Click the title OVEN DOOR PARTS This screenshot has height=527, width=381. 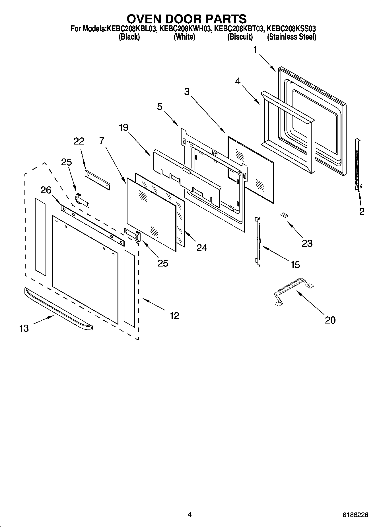click(186, 19)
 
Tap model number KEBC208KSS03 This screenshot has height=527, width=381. click(291, 29)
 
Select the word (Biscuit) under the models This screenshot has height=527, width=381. click(240, 37)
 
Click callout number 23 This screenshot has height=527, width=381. click(307, 243)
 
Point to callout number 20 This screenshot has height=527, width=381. click(330, 320)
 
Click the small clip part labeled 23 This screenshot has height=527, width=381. click(283, 214)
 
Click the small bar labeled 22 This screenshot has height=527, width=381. click(97, 180)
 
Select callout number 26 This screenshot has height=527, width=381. click(46, 190)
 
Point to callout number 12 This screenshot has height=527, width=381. click(174, 316)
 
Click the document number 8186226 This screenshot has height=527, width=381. click(355, 515)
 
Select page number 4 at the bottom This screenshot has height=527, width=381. click(190, 514)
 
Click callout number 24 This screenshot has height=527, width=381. click(202, 248)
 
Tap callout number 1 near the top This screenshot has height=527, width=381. click(255, 50)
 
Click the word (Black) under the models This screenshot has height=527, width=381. click(129, 37)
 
